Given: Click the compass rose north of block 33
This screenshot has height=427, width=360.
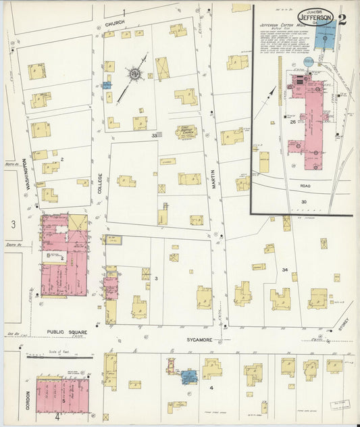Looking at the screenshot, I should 134,74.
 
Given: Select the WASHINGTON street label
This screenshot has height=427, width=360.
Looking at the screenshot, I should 26,174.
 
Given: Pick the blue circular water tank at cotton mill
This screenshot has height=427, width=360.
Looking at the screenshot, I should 309,61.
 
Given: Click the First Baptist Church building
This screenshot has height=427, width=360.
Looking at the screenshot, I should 186,131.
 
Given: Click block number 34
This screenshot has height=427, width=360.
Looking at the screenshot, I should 286,270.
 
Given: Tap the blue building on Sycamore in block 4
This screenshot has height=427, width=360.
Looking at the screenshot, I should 188,376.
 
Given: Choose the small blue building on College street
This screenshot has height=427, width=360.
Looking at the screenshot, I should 106,86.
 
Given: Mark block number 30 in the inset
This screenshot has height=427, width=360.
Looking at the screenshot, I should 304,202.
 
